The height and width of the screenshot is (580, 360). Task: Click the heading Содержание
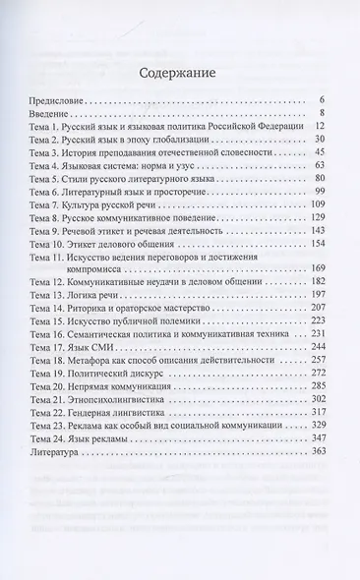pyautogui.click(x=180, y=72)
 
